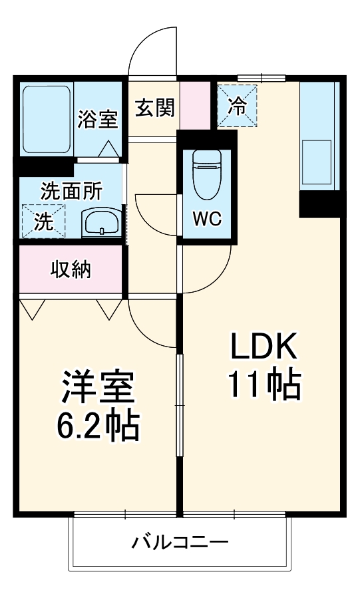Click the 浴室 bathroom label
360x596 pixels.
coord(98,119)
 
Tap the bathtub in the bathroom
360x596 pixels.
coord(47,119)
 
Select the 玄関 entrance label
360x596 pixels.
coord(156,107)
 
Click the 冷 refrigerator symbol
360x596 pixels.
coord(237,105)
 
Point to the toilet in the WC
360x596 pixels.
coord(207,174)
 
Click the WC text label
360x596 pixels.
coord(207,218)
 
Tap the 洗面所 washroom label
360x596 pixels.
coord(71,191)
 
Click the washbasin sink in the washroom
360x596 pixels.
coord(102,222)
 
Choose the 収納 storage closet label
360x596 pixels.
coord(71,269)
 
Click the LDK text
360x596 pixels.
coord(264,348)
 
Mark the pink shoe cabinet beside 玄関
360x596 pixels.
coord(194,105)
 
